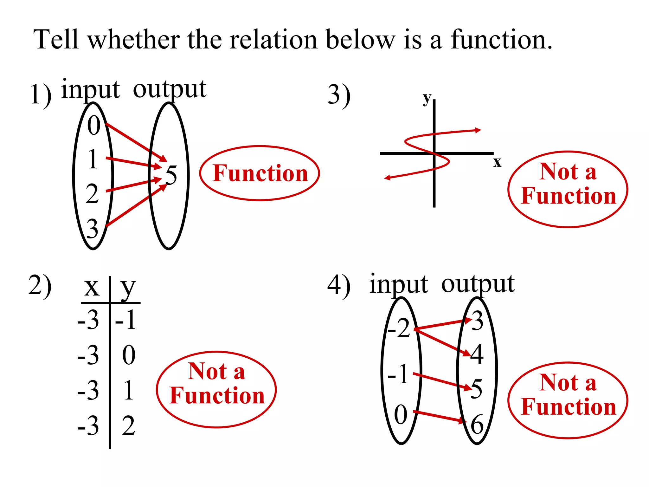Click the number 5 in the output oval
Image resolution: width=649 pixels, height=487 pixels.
click(x=171, y=175)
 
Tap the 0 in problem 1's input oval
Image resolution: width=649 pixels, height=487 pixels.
click(x=94, y=126)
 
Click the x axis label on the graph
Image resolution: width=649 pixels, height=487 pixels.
click(x=497, y=162)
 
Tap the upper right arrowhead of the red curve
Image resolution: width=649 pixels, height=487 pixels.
click(x=478, y=130)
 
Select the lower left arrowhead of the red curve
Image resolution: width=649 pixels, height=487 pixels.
click(x=387, y=178)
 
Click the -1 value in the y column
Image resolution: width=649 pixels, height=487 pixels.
click(x=126, y=320)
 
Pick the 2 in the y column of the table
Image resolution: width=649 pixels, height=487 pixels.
click(x=129, y=426)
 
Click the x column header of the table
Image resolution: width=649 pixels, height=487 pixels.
click(x=92, y=287)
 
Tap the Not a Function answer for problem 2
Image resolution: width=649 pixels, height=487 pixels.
click(x=217, y=384)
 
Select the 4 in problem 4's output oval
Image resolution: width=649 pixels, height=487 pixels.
click(x=477, y=354)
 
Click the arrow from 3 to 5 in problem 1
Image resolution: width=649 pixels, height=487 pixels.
click(x=136, y=205)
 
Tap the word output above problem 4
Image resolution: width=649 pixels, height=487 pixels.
click(x=478, y=284)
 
